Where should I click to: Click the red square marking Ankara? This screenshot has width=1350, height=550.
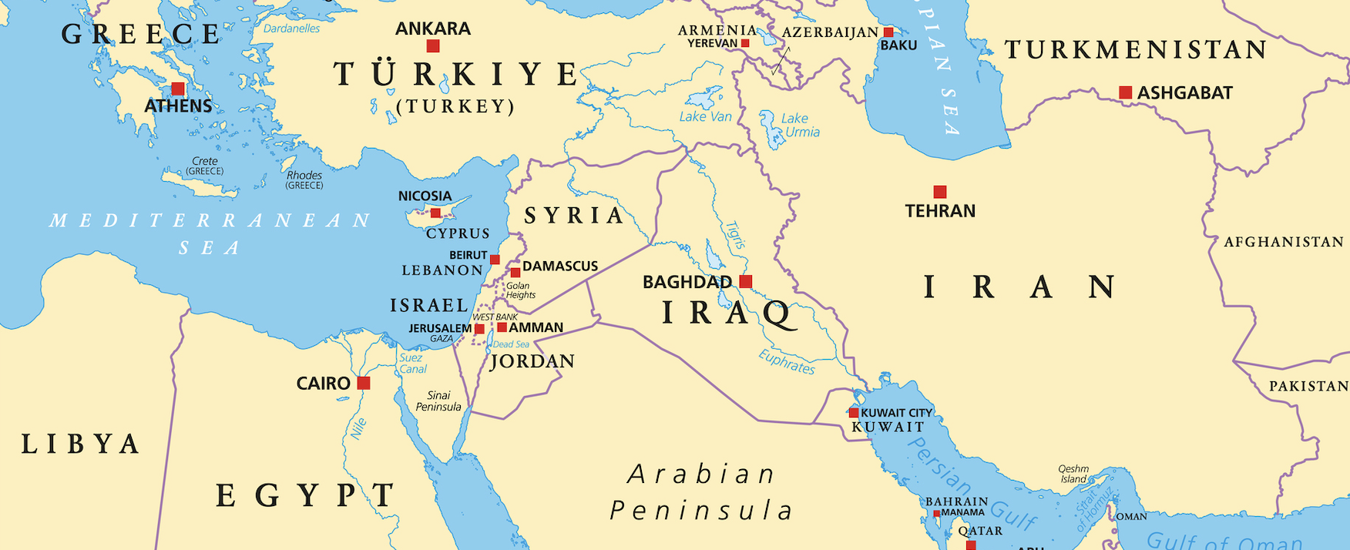point(433,46)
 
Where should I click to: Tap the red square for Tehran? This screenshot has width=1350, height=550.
point(940,192)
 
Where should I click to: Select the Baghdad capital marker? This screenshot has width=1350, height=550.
point(745,282)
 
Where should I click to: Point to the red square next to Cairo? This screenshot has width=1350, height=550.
point(364,383)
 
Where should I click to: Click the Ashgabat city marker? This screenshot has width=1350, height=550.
point(1126,92)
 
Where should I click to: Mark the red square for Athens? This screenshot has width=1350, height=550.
point(178,89)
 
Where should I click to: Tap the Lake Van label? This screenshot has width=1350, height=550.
point(705,116)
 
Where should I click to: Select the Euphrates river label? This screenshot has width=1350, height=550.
point(787,361)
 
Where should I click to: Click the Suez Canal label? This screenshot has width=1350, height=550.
point(412,363)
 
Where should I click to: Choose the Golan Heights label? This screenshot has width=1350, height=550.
point(520,290)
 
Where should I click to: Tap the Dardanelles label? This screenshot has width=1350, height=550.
point(291,29)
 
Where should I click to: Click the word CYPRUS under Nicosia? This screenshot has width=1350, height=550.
point(458,233)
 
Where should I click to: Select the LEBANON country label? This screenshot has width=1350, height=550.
point(442,270)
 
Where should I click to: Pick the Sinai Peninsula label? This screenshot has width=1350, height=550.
point(438,401)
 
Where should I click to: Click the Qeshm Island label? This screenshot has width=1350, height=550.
point(1073,474)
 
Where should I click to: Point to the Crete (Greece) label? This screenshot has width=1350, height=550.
point(205,166)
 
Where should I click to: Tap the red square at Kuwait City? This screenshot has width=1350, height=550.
point(854,413)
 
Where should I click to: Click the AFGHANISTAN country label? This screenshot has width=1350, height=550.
point(1283,242)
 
